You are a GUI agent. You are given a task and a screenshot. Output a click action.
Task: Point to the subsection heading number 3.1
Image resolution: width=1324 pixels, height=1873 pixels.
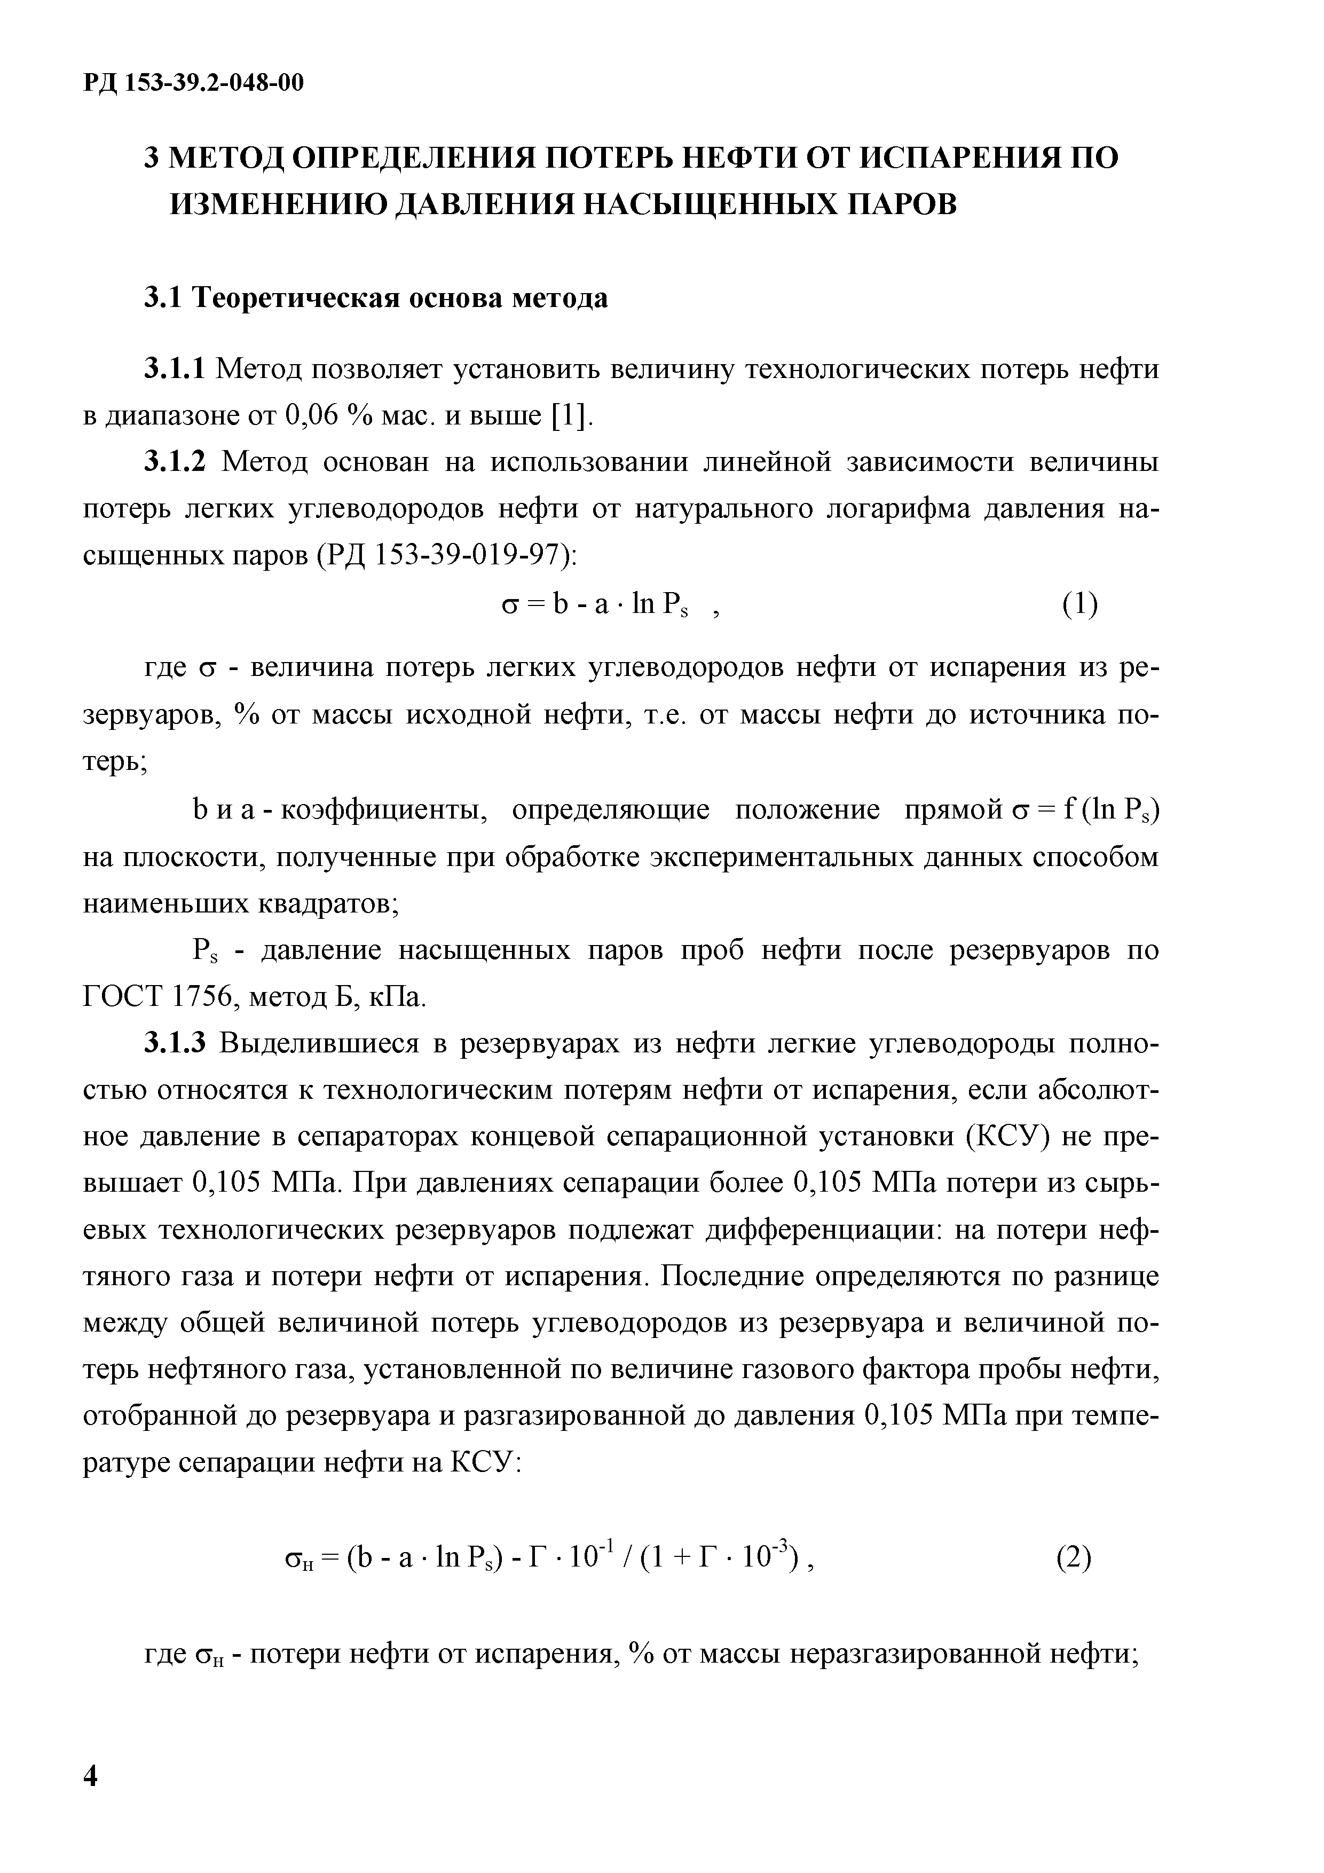pos(163,298)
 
